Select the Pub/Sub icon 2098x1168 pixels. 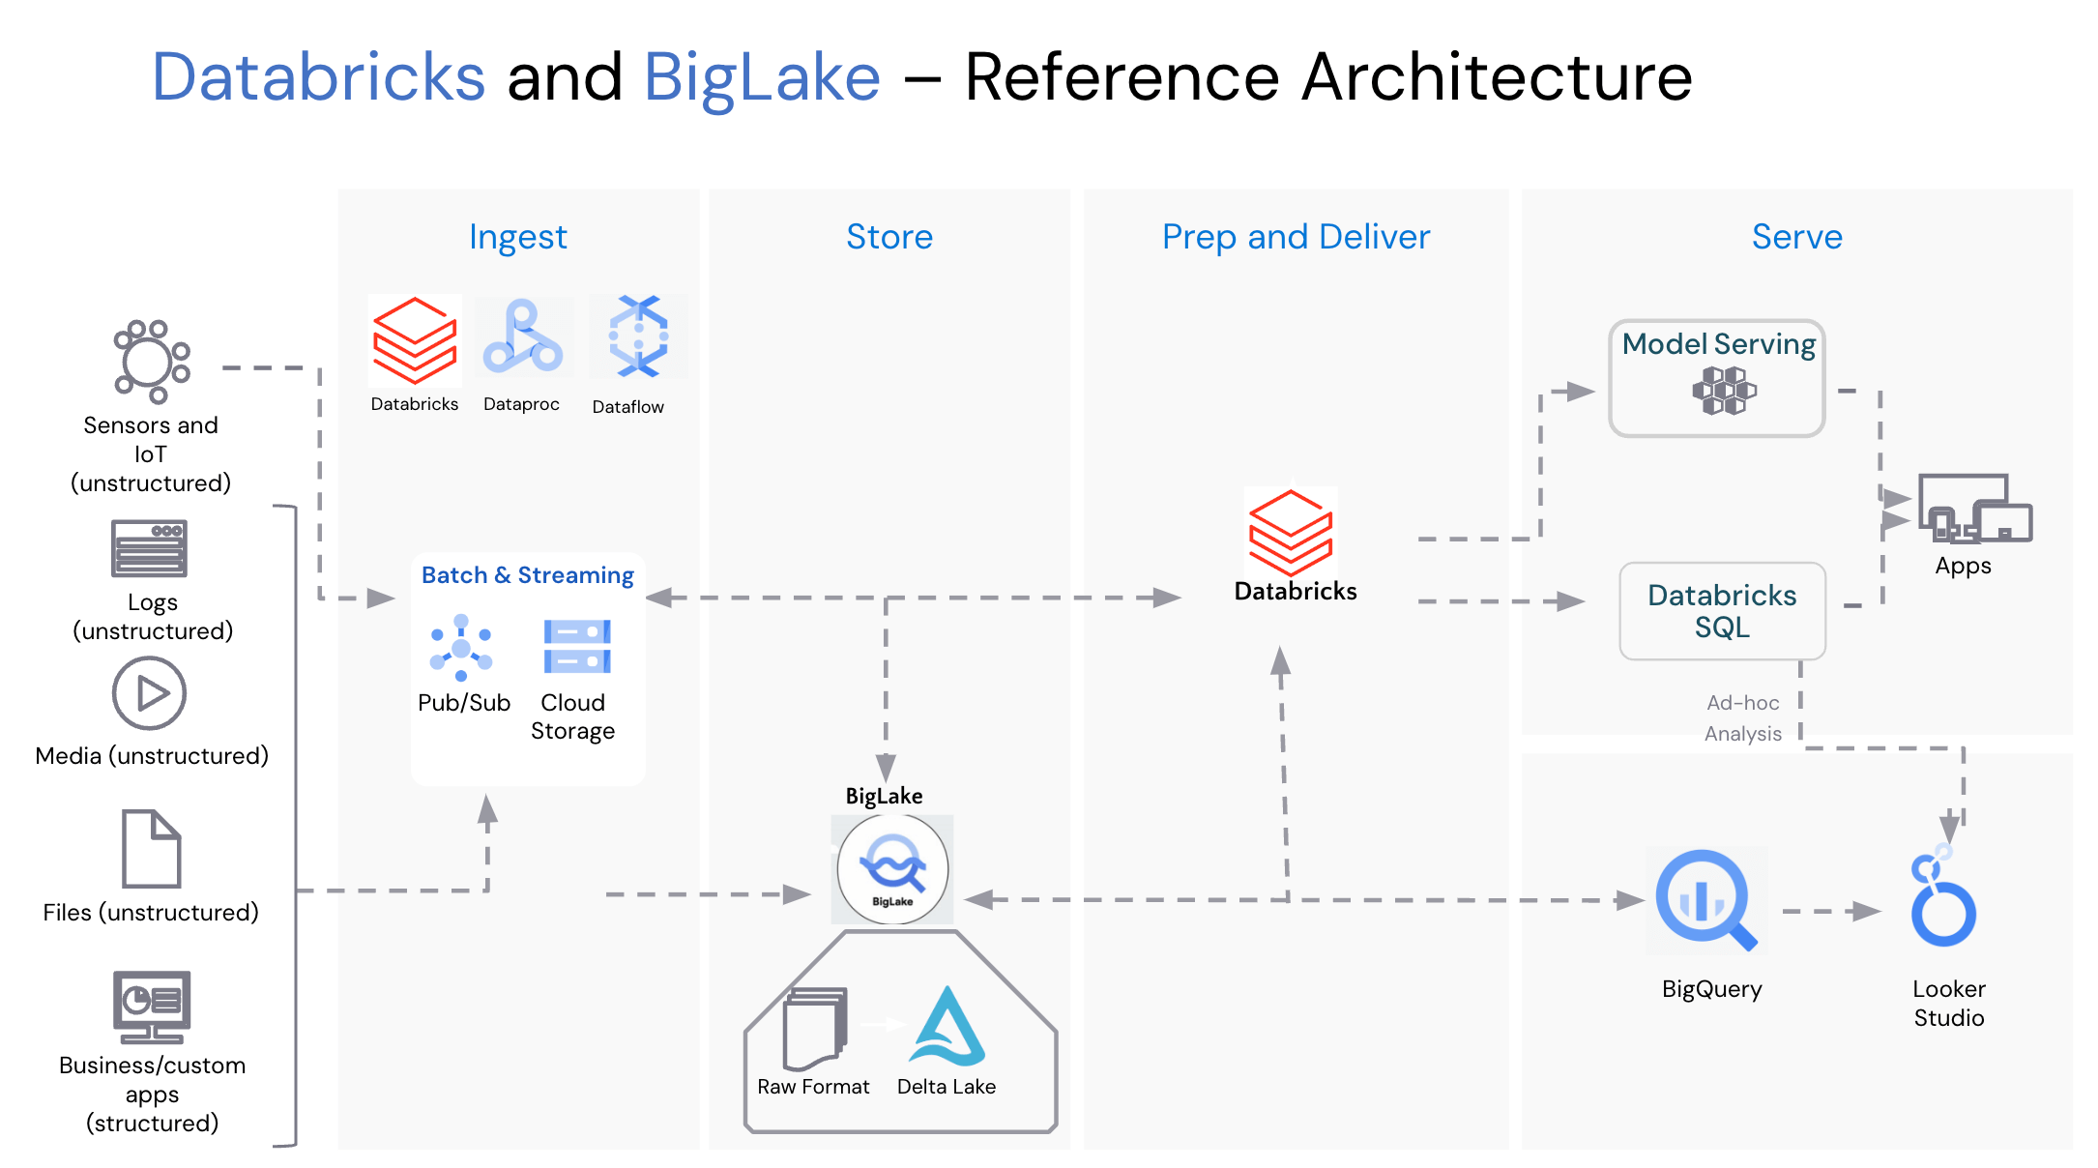[x=461, y=648]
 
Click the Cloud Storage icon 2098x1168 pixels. [x=577, y=646]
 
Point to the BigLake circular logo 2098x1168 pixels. [x=892, y=868]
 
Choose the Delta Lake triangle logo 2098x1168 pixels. [x=947, y=1027]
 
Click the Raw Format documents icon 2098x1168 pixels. [x=816, y=1027]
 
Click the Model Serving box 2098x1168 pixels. [x=1717, y=378]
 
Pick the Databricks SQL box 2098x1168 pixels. [x=1722, y=611]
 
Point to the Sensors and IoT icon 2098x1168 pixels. [x=152, y=361]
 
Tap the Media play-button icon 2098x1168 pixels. [x=149, y=693]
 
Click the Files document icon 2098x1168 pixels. [x=151, y=849]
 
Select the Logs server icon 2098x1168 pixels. [x=149, y=548]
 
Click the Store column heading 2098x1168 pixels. [x=889, y=237]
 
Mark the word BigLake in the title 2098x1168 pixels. [x=762, y=77]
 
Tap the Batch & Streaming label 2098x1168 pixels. [x=528, y=575]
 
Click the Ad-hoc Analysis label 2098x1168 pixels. [x=1742, y=718]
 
